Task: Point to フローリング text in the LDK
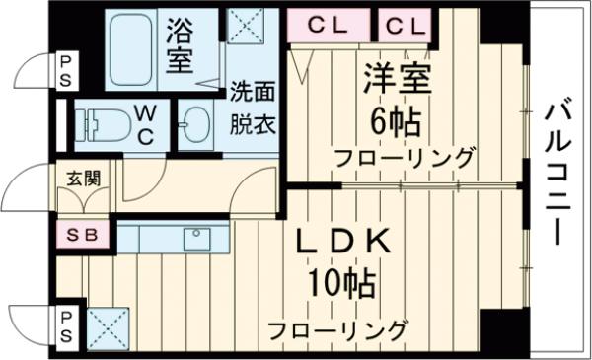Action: [337, 328]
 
